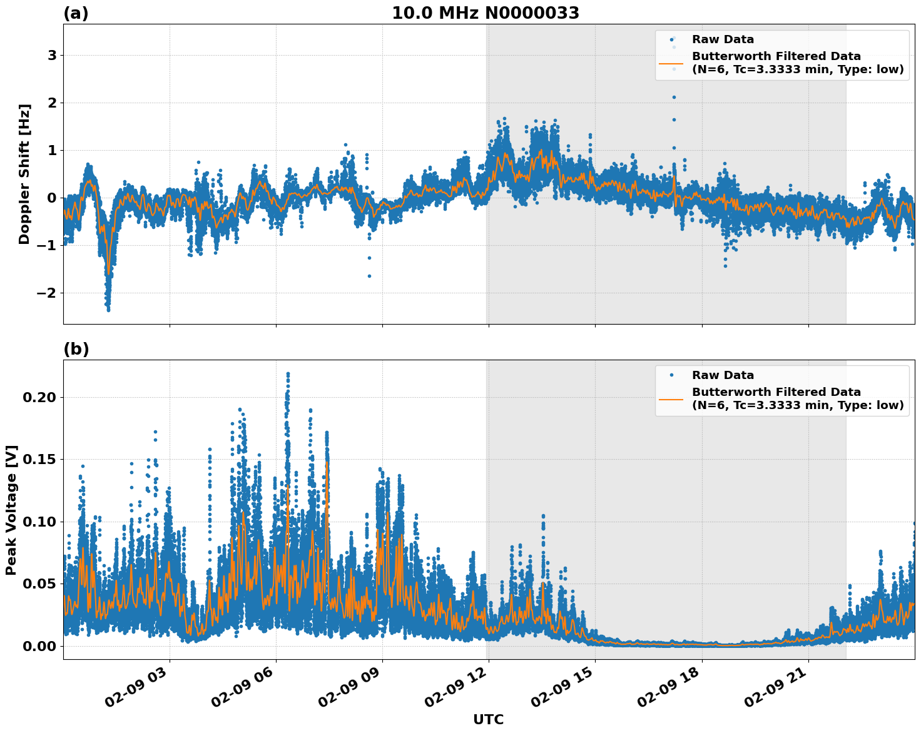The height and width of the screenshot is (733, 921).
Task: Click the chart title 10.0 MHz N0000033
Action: click(486, 13)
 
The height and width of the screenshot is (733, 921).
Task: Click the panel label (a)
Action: click(76, 13)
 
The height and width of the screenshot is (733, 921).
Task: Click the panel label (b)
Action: click(76, 349)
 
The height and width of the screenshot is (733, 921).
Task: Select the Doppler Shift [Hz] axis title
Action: click(24, 174)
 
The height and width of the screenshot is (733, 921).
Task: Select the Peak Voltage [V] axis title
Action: click(11, 510)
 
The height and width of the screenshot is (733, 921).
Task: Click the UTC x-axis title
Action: click(488, 719)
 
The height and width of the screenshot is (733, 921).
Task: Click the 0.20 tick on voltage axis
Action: click(39, 398)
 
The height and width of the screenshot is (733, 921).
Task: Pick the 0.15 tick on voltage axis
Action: click(39, 460)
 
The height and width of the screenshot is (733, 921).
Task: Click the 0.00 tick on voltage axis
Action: click(39, 646)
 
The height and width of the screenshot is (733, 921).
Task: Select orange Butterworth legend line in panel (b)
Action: click(671, 399)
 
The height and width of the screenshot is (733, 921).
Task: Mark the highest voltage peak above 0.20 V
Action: click(288, 374)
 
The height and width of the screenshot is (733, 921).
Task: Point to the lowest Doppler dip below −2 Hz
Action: click(108, 309)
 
